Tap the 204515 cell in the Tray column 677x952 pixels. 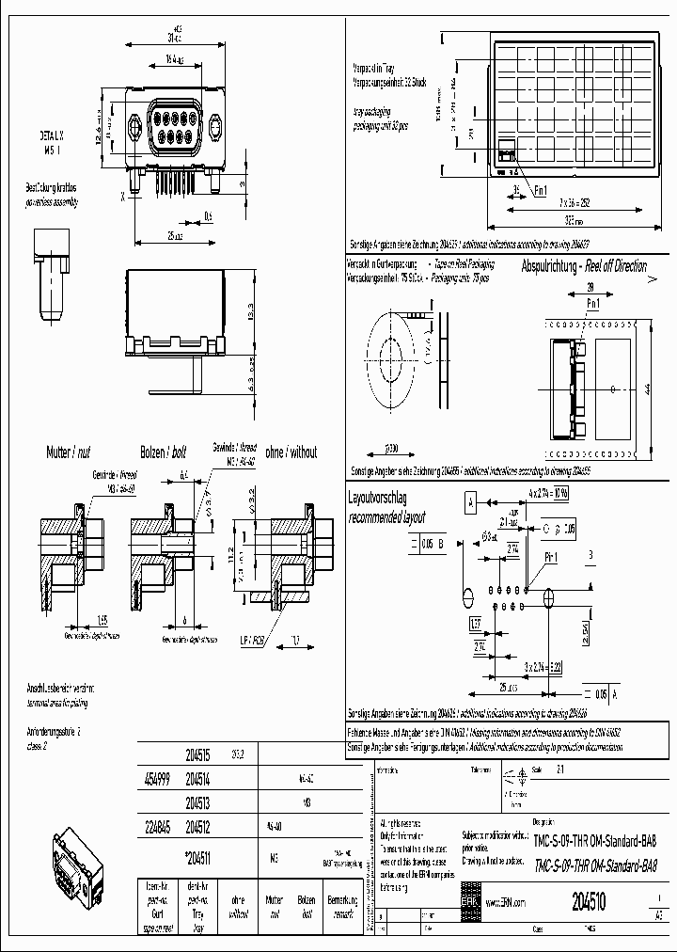tap(197, 754)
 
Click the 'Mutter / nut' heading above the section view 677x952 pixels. tap(71, 453)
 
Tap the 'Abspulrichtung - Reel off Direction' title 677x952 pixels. tap(584, 266)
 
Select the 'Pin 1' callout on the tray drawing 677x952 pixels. tap(540, 190)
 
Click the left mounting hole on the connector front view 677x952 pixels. tap(138, 124)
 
